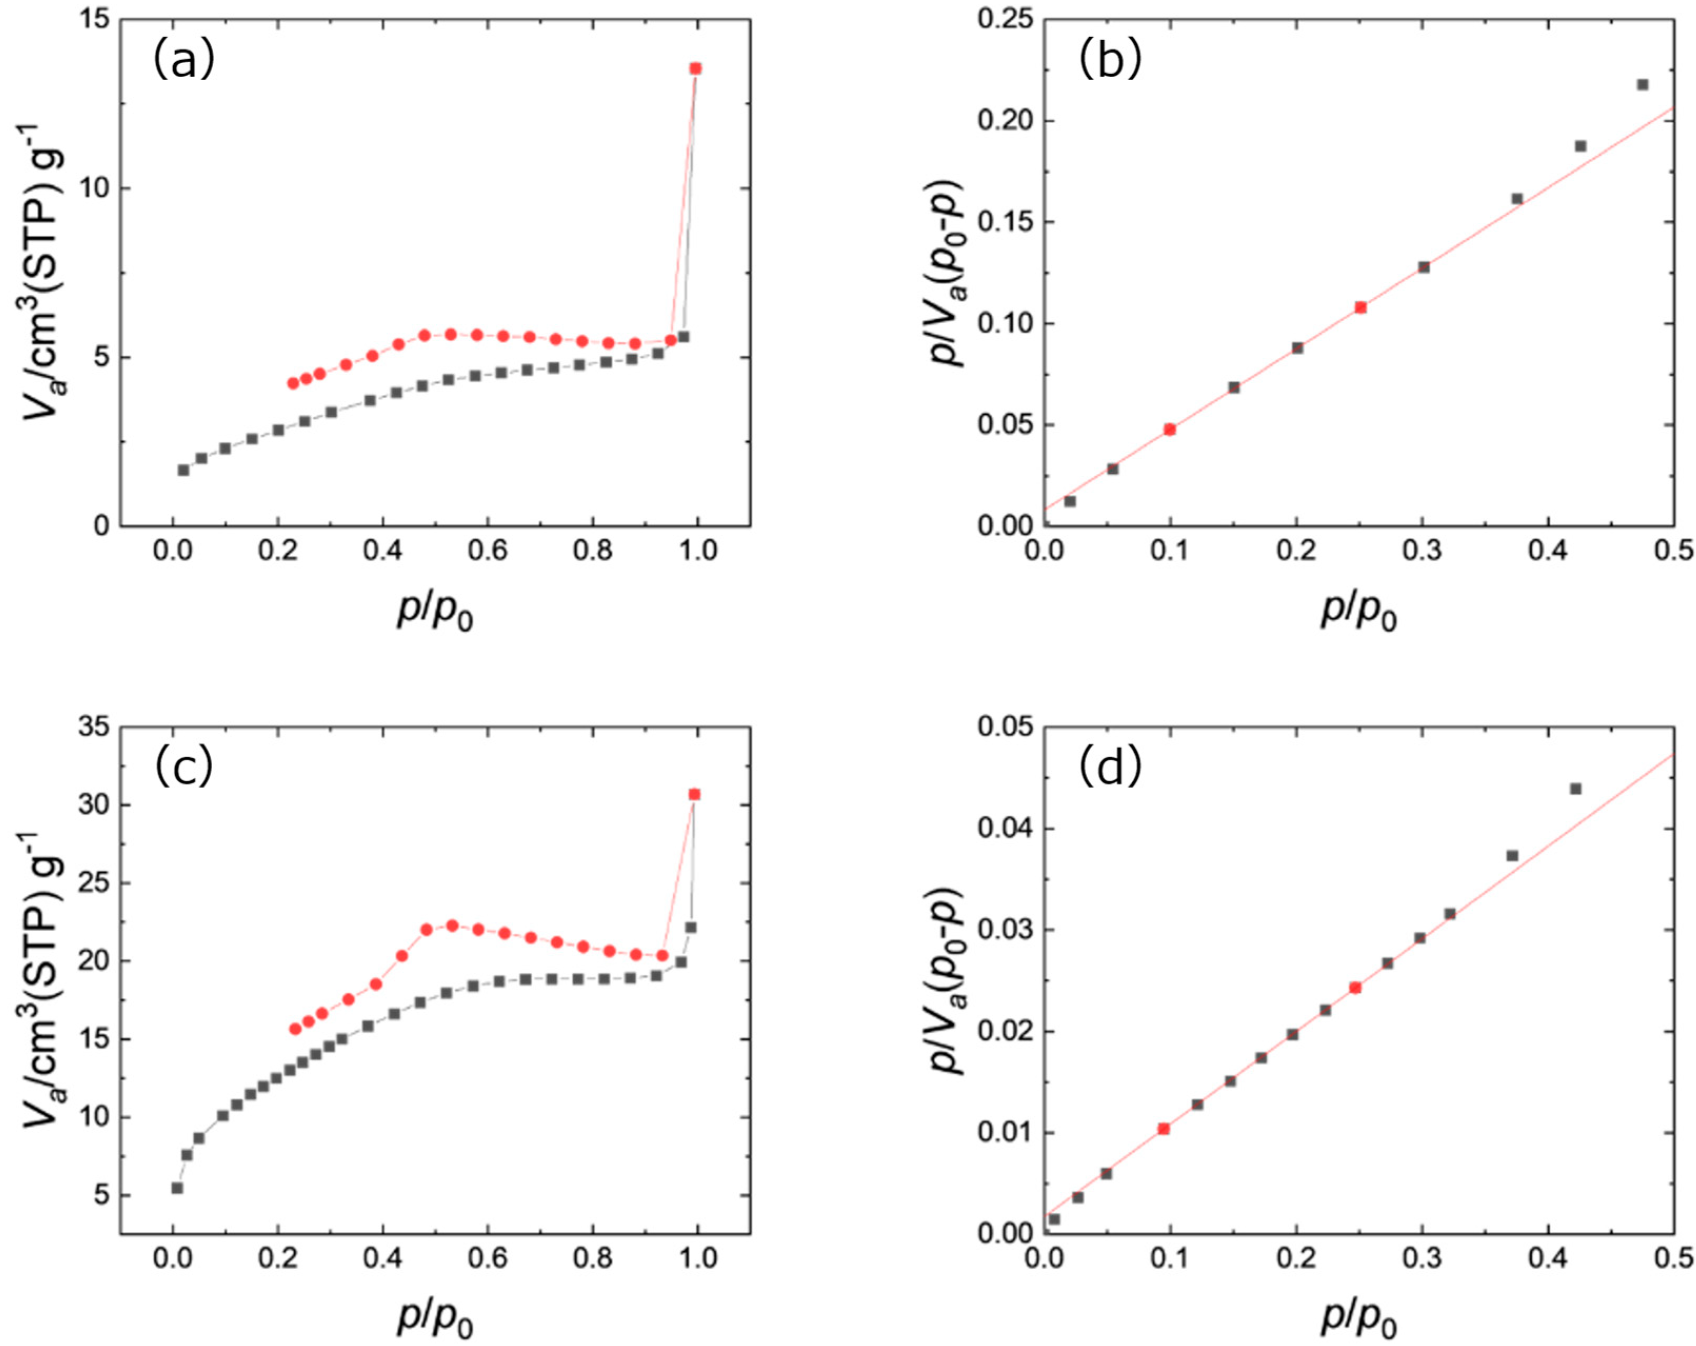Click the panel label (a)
click(183, 61)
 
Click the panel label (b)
click(1110, 61)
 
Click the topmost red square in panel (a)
click(695, 68)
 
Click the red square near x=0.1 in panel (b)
click(1170, 430)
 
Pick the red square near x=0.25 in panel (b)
click(1360, 307)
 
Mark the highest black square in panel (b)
click(1642, 84)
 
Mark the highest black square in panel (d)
click(1575, 789)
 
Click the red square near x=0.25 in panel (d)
click(1354, 988)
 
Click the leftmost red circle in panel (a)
click(293, 383)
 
